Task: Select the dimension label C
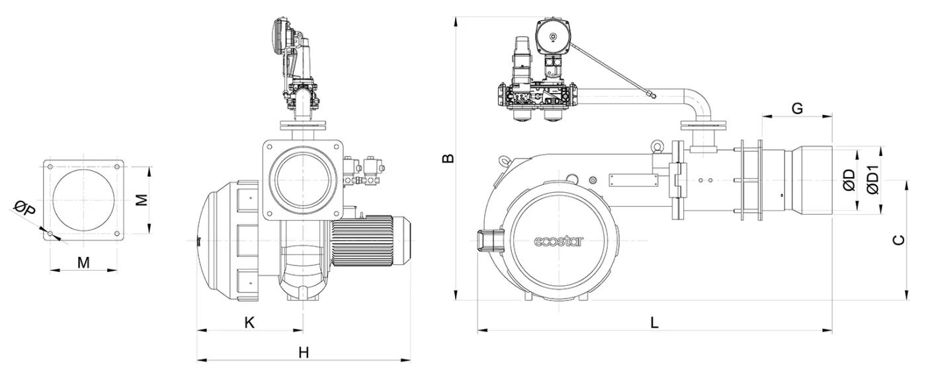[898, 240]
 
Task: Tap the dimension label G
[797, 108]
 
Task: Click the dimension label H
[303, 353]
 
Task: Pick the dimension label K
[249, 322]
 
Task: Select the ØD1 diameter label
[872, 180]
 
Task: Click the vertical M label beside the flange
[141, 199]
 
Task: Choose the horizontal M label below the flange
[83, 262]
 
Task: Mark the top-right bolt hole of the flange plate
[116, 166]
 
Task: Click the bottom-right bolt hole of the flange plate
[116, 232]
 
